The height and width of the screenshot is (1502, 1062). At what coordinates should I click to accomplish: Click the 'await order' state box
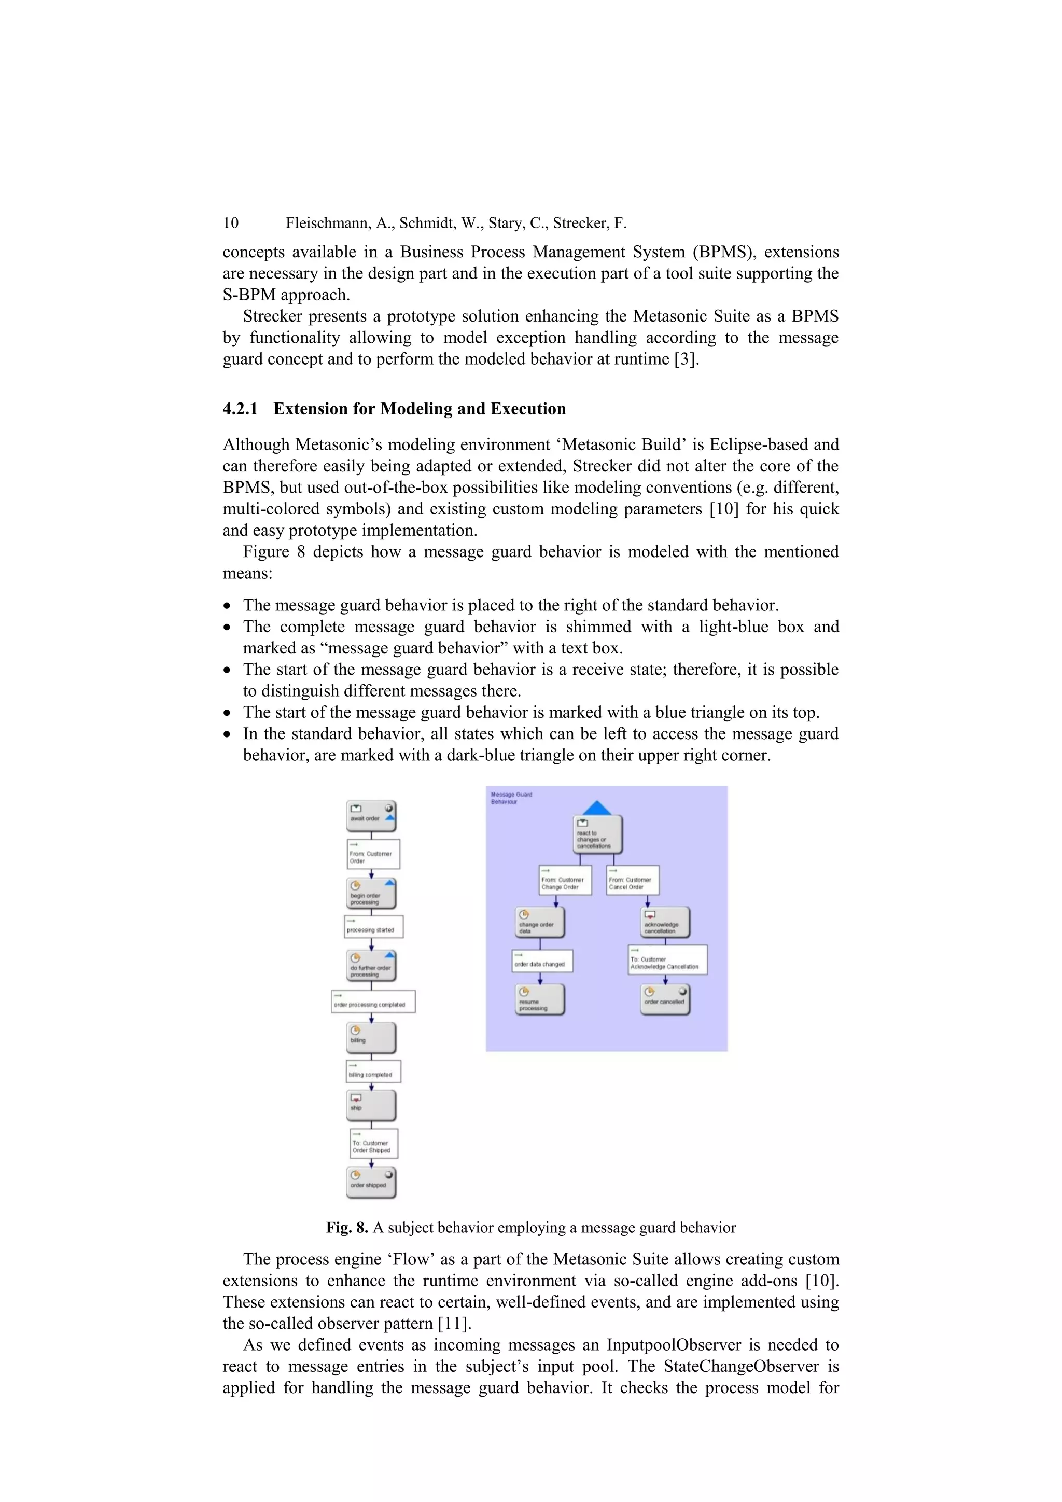tap(371, 816)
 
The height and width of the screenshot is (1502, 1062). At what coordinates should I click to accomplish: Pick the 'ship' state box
tap(371, 1106)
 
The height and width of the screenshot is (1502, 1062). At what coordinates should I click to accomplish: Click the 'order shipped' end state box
tap(371, 1182)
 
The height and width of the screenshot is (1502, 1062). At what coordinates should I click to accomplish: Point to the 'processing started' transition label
tap(373, 927)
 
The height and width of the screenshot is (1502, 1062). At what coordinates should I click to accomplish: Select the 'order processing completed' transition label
tap(373, 1002)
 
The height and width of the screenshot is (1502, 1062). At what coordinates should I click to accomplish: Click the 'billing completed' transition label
tap(373, 1072)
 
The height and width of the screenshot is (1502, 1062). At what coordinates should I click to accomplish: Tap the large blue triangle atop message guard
tap(596, 808)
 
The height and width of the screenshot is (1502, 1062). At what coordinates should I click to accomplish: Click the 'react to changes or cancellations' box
tap(597, 835)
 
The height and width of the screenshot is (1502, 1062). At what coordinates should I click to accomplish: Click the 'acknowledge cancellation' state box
tap(665, 922)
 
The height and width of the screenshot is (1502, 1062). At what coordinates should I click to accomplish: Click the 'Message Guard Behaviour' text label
tap(511, 798)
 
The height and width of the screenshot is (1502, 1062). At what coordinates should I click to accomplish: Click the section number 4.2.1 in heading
tap(240, 409)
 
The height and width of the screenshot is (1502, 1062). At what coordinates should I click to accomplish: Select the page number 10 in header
tap(231, 223)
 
